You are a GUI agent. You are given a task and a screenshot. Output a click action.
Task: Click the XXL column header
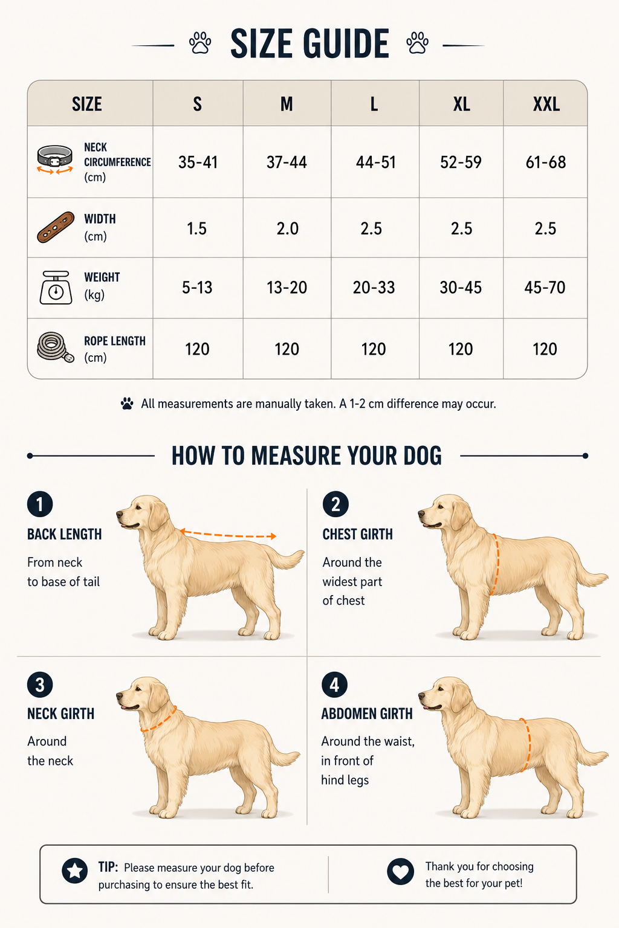coord(546,104)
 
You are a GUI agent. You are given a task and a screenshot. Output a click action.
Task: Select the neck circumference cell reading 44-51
coord(375,162)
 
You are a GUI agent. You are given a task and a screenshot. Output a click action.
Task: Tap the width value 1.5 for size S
coord(196,229)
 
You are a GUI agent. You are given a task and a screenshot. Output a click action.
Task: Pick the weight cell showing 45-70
coord(545,288)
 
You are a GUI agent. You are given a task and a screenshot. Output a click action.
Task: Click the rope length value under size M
coord(287,349)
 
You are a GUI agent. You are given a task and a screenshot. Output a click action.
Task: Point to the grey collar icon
coord(55,159)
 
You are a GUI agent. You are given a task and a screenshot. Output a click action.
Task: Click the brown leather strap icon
coord(56,227)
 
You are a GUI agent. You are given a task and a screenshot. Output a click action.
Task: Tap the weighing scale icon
coord(56,288)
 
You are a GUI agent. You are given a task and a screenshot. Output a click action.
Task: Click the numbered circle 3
coord(40,685)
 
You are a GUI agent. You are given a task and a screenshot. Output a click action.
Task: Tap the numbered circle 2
coord(335,504)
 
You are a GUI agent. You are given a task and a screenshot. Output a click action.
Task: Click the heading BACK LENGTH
coord(64,535)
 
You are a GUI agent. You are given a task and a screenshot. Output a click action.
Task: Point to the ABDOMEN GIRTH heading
coord(367,714)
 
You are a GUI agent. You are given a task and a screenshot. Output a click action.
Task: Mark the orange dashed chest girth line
coord(496,564)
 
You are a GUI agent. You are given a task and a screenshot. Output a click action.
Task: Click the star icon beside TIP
coord(74,870)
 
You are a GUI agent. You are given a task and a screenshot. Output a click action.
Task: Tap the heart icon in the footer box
coord(400,871)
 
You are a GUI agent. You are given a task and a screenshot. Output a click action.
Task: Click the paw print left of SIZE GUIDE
coord(200,43)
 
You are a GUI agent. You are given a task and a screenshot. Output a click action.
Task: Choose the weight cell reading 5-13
coord(197,288)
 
